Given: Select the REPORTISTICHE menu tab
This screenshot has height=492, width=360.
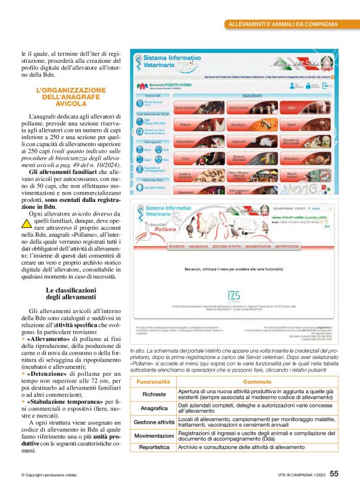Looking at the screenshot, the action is tap(291, 246).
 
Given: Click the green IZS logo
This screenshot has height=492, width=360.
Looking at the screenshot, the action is tap(233, 296).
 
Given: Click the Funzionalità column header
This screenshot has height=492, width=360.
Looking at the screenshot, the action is tap(153, 381).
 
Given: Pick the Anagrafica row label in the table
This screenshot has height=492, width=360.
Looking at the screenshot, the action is tap(154, 408).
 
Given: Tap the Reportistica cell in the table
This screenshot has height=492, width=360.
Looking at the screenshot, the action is tap(154, 447).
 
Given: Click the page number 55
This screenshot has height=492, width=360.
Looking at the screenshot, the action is tap(334, 473).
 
